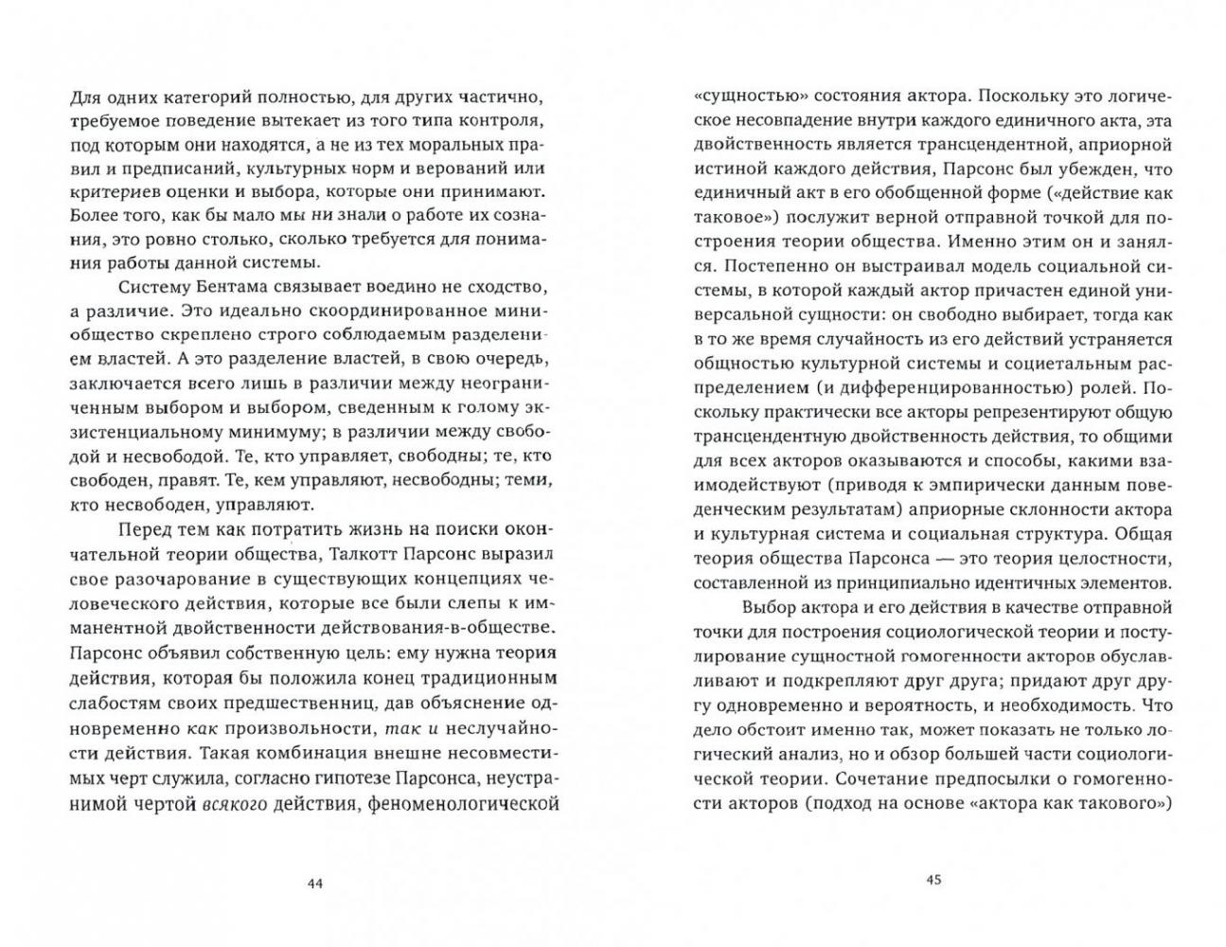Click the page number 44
pos(316,883)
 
